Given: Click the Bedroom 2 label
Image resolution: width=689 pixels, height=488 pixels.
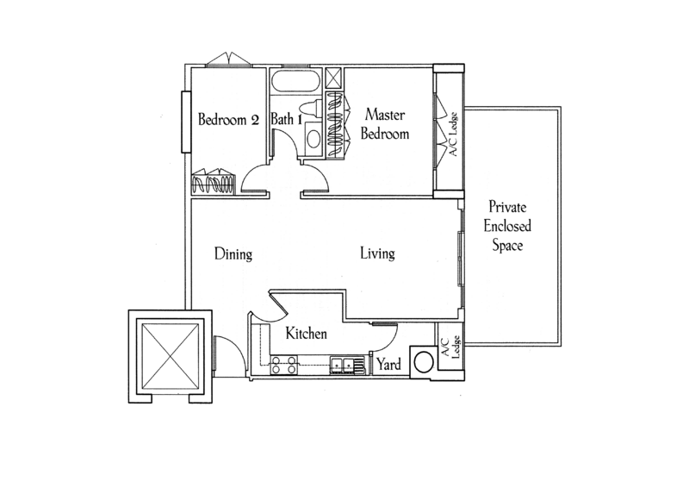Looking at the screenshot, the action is [x=228, y=120].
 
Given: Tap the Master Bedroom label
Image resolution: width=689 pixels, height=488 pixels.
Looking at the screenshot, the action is [x=385, y=124].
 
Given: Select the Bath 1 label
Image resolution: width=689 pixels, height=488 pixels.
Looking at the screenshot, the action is [x=286, y=119].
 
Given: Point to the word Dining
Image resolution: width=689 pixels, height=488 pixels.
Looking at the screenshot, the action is [x=233, y=254].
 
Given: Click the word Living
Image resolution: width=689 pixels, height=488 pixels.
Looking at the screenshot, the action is [x=377, y=253].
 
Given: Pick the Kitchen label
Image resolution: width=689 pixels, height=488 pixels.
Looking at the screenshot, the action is [x=307, y=333].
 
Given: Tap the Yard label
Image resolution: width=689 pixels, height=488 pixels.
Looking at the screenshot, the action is [x=389, y=365].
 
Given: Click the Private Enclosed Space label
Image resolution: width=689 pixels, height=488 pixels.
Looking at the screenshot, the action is [x=507, y=226].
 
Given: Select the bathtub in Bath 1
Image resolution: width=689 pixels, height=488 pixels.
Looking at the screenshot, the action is [x=295, y=81].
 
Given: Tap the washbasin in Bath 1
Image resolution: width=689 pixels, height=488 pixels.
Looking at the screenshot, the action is [x=313, y=139].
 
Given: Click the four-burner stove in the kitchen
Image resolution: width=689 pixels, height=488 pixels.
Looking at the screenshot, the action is [x=283, y=366].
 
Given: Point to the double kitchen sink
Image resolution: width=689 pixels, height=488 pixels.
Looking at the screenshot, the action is [x=343, y=366].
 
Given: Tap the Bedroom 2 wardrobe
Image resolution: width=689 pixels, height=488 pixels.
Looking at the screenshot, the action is [x=214, y=182].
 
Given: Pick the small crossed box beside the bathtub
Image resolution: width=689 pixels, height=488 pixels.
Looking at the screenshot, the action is [x=335, y=79].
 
